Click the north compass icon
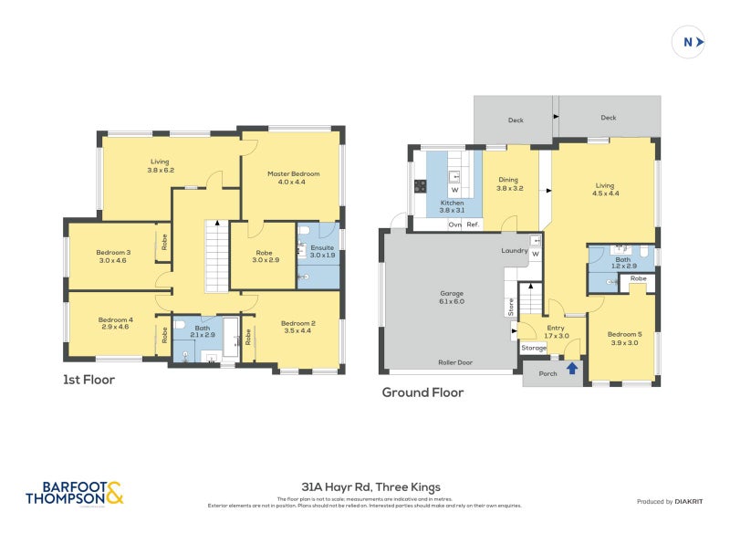[689, 41]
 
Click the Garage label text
[453, 297]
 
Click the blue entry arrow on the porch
[572, 369]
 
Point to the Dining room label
[509, 183]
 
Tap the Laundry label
[516, 250]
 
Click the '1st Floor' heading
[89, 379]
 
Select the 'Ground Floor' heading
[422, 392]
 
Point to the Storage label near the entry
[534, 348]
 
